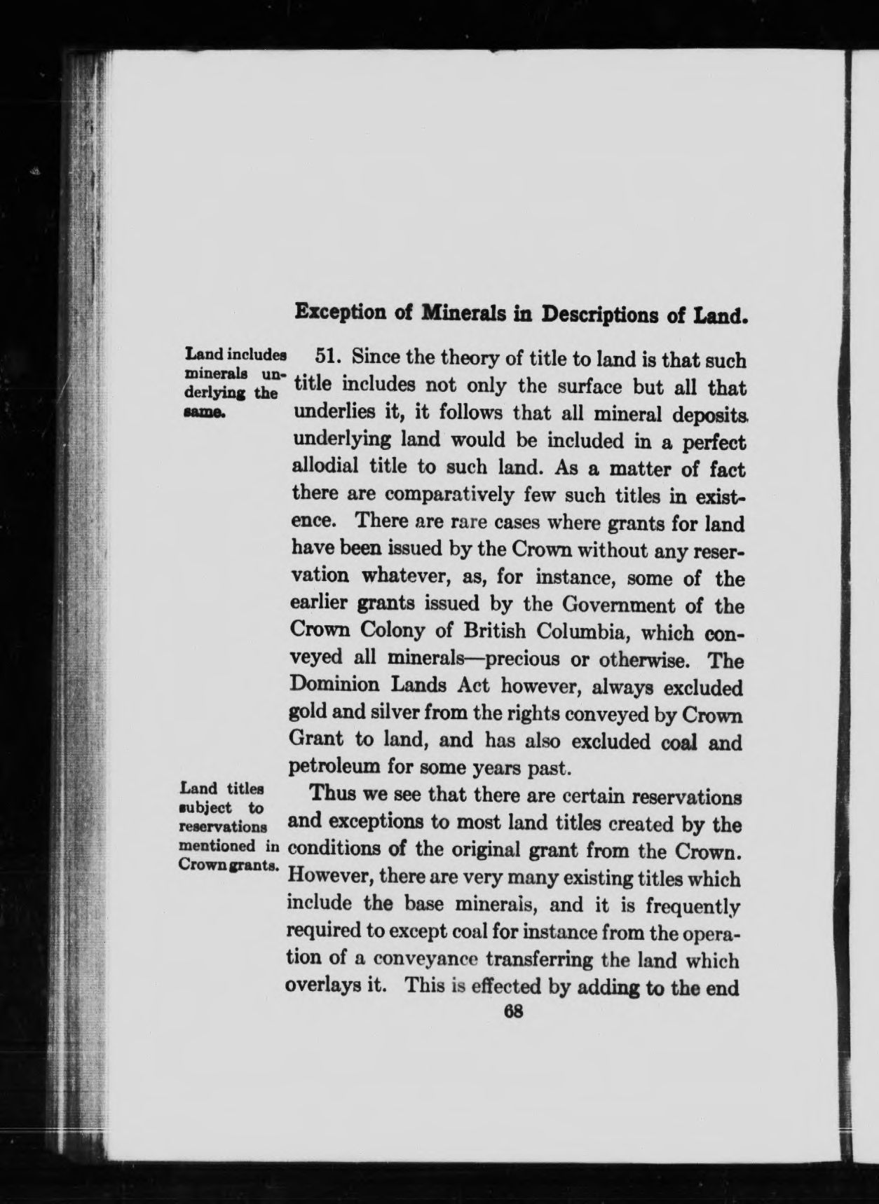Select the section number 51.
[329, 357]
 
